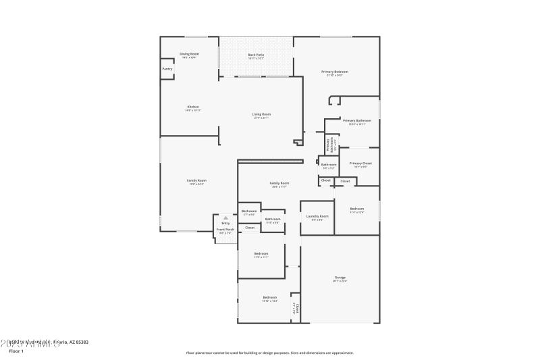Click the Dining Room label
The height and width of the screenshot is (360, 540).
tap(189, 53)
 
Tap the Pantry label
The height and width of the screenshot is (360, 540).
tap(167, 69)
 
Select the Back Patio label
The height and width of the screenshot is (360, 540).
tap(256, 54)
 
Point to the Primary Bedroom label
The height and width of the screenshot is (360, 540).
tap(335, 72)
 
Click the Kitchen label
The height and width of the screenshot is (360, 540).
tap(193, 107)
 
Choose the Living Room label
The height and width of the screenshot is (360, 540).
tap(261, 114)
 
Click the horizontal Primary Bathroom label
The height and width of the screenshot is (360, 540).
tap(357, 120)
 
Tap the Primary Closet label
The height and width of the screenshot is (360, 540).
tap(360, 163)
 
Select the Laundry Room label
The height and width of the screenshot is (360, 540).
tap(317, 216)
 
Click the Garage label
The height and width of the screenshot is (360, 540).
tap(340, 278)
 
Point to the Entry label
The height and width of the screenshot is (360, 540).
tap(225, 223)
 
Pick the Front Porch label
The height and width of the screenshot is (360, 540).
tap(225, 230)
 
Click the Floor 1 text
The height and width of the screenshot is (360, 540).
tap(16, 351)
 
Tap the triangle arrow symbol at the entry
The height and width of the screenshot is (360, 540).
tap(225, 217)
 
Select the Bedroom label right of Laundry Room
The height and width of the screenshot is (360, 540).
tap(357, 209)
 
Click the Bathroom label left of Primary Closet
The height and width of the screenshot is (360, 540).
tap(329, 165)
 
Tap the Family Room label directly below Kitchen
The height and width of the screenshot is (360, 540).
tap(196, 180)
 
